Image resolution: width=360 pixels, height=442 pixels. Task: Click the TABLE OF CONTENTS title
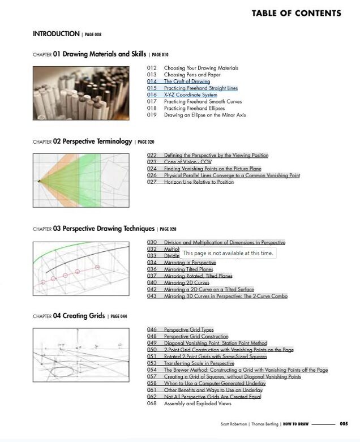coord(296,13)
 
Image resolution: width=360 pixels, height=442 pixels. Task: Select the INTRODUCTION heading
coord(56,34)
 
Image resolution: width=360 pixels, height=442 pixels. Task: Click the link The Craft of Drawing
coord(187,81)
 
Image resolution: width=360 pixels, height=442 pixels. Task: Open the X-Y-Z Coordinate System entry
coord(190,95)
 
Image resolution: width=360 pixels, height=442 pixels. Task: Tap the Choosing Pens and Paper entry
coord(192,75)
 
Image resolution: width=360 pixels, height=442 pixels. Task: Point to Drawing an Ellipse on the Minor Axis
coord(204,115)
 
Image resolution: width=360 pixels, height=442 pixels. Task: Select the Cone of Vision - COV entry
coord(187,162)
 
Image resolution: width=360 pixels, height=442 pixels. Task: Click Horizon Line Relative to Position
coord(199,182)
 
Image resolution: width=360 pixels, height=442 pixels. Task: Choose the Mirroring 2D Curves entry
coord(186,282)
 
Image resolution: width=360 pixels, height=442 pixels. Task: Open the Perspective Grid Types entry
coord(188,329)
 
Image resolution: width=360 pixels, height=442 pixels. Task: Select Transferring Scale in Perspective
coord(199,363)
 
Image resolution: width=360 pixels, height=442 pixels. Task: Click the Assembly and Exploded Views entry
coord(198,404)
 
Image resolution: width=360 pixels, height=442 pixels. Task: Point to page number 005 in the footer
coord(344,423)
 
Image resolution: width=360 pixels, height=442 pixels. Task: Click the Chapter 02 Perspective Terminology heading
coord(92,141)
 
